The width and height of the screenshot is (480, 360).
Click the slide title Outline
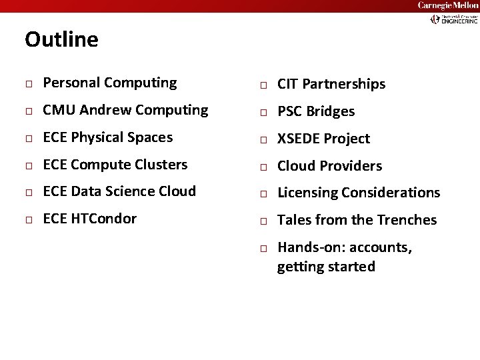61,40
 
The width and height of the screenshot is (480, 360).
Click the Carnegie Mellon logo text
447,6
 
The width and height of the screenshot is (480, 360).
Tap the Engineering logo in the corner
453,19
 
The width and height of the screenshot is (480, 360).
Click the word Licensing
307,193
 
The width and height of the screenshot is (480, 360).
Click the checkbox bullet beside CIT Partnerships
264,85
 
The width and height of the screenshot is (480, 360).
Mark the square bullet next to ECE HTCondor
29,220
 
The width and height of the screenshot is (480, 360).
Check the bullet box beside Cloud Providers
264,167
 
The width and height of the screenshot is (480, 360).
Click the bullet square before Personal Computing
29,84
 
